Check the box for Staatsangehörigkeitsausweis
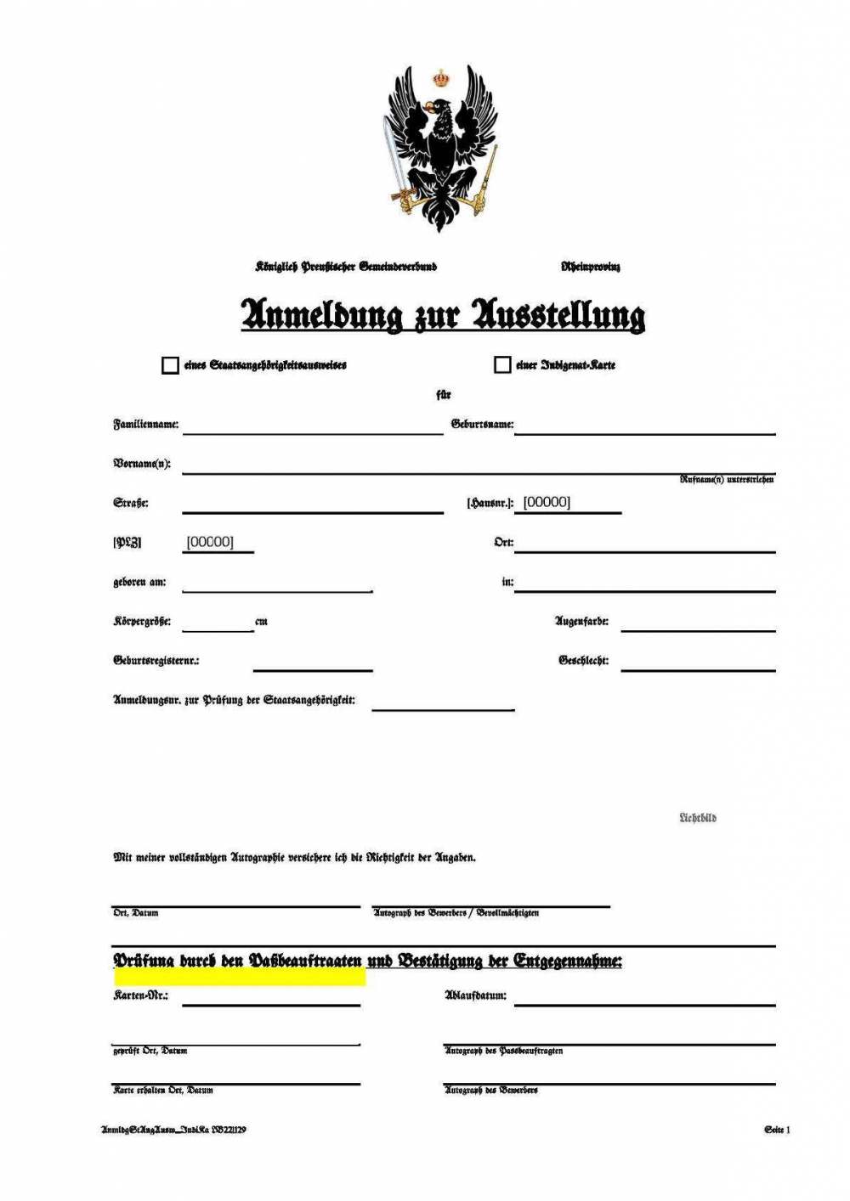(x=170, y=365)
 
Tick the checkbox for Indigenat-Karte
(x=502, y=364)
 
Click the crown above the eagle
(x=440, y=78)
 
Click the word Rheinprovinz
(x=590, y=267)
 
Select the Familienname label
(x=146, y=424)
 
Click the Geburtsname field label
(x=482, y=424)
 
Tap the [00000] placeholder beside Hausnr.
(x=547, y=502)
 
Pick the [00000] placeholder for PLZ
(x=210, y=542)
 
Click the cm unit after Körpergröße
(x=261, y=622)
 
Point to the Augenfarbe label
(x=581, y=621)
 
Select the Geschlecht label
(x=583, y=660)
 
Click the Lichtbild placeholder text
(x=697, y=818)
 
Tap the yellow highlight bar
(x=240, y=978)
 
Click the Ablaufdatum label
(x=475, y=995)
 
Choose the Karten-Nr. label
(x=140, y=995)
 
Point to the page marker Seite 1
(x=777, y=1130)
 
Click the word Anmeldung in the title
(x=321, y=314)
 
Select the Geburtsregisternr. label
(x=156, y=660)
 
